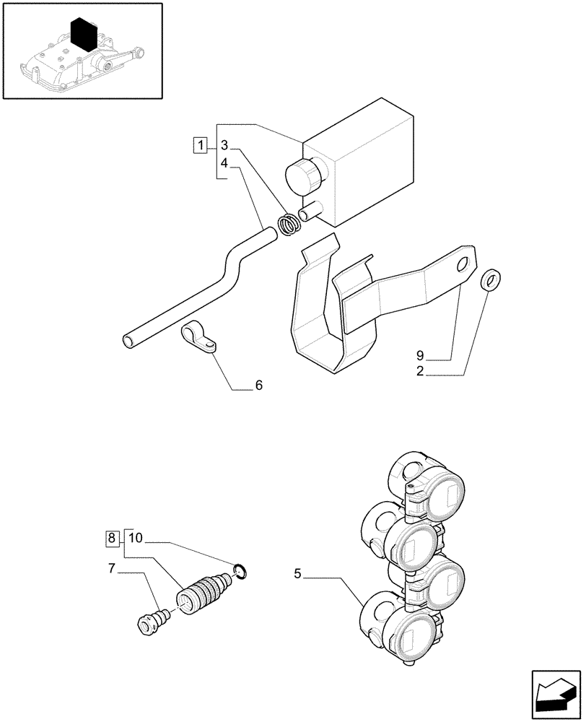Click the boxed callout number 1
(200, 145)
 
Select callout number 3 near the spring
(224, 145)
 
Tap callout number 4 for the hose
(224, 164)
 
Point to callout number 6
(258, 386)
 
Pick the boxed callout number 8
(111, 538)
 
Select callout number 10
(136, 538)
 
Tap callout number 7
(111, 570)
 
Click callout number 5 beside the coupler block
(297, 574)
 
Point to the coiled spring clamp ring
(290, 224)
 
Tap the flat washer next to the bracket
(489, 279)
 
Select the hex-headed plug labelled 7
(149, 622)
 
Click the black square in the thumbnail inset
(85, 33)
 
